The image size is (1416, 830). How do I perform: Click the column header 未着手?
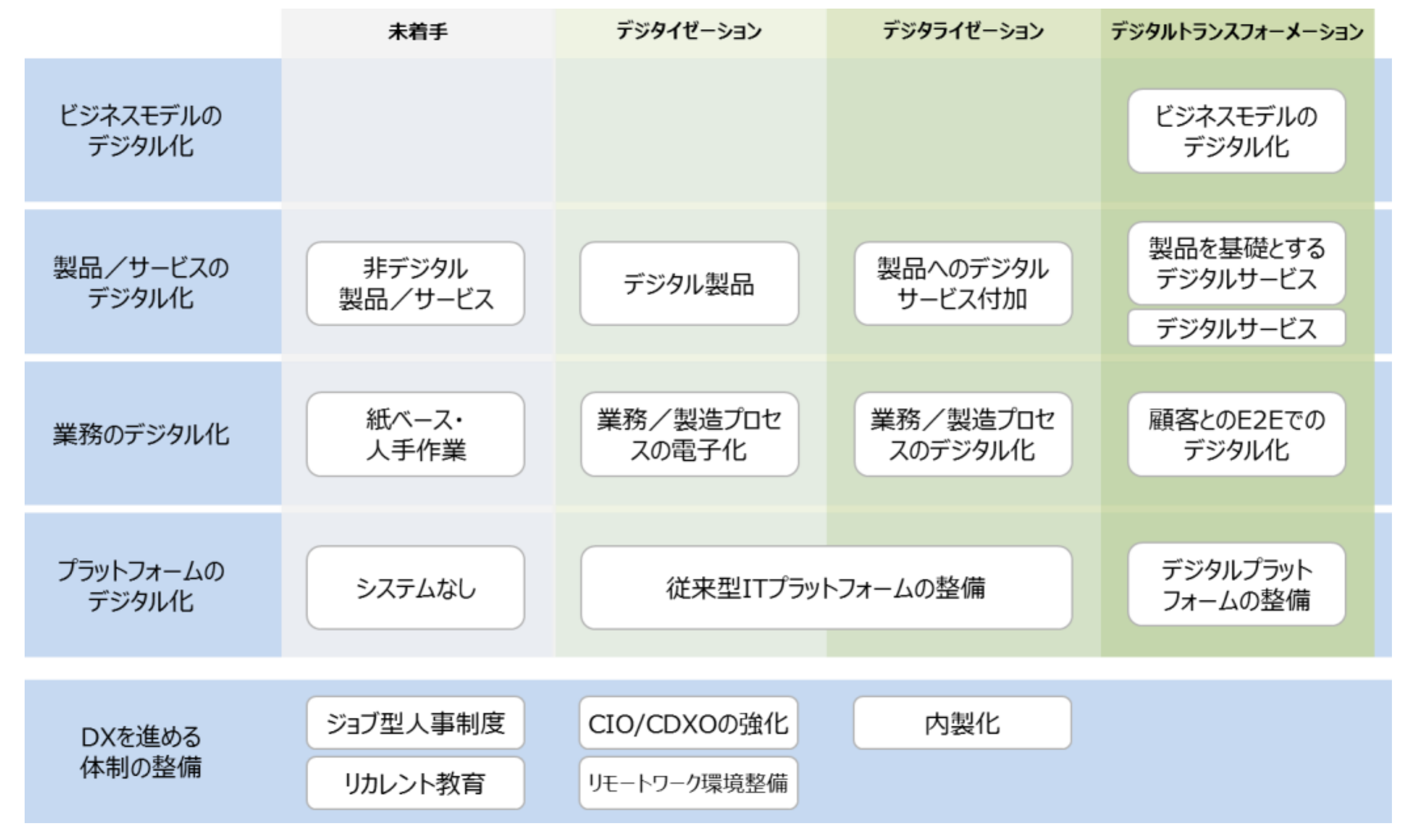pyautogui.click(x=417, y=31)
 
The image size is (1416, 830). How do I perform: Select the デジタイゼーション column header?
pyautogui.click(x=689, y=31)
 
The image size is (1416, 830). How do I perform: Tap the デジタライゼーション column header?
pyautogui.click(x=963, y=31)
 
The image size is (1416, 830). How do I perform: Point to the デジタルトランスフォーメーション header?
pyautogui.click(x=1237, y=31)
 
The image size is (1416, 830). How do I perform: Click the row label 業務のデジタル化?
pyautogui.click(x=141, y=434)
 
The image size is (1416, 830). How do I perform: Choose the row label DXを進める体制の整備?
pyautogui.click(x=141, y=752)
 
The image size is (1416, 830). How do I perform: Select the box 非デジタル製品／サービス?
pyautogui.click(x=415, y=283)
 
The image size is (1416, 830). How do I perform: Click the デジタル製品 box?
pyautogui.click(x=689, y=283)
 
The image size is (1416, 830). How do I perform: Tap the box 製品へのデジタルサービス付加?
pyautogui.click(x=963, y=283)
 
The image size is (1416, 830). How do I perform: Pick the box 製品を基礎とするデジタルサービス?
pyautogui.click(x=1236, y=263)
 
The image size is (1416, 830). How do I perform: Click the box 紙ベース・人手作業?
pyautogui.click(x=415, y=434)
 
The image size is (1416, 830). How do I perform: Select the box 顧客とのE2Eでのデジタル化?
pyautogui.click(x=1236, y=434)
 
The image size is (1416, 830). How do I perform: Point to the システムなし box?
pyautogui.click(x=415, y=588)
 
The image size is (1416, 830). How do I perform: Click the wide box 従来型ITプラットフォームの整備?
pyautogui.click(x=826, y=588)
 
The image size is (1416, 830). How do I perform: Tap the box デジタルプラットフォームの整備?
pyautogui.click(x=1236, y=584)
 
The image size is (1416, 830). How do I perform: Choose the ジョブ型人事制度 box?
pyautogui.click(x=415, y=723)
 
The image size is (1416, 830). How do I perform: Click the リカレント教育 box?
pyautogui.click(x=415, y=783)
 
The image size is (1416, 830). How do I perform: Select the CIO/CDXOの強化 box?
pyautogui.click(x=688, y=723)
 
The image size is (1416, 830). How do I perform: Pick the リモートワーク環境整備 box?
pyautogui.click(x=688, y=783)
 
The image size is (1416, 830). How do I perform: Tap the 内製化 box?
pyautogui.click(x=962, y=723)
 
